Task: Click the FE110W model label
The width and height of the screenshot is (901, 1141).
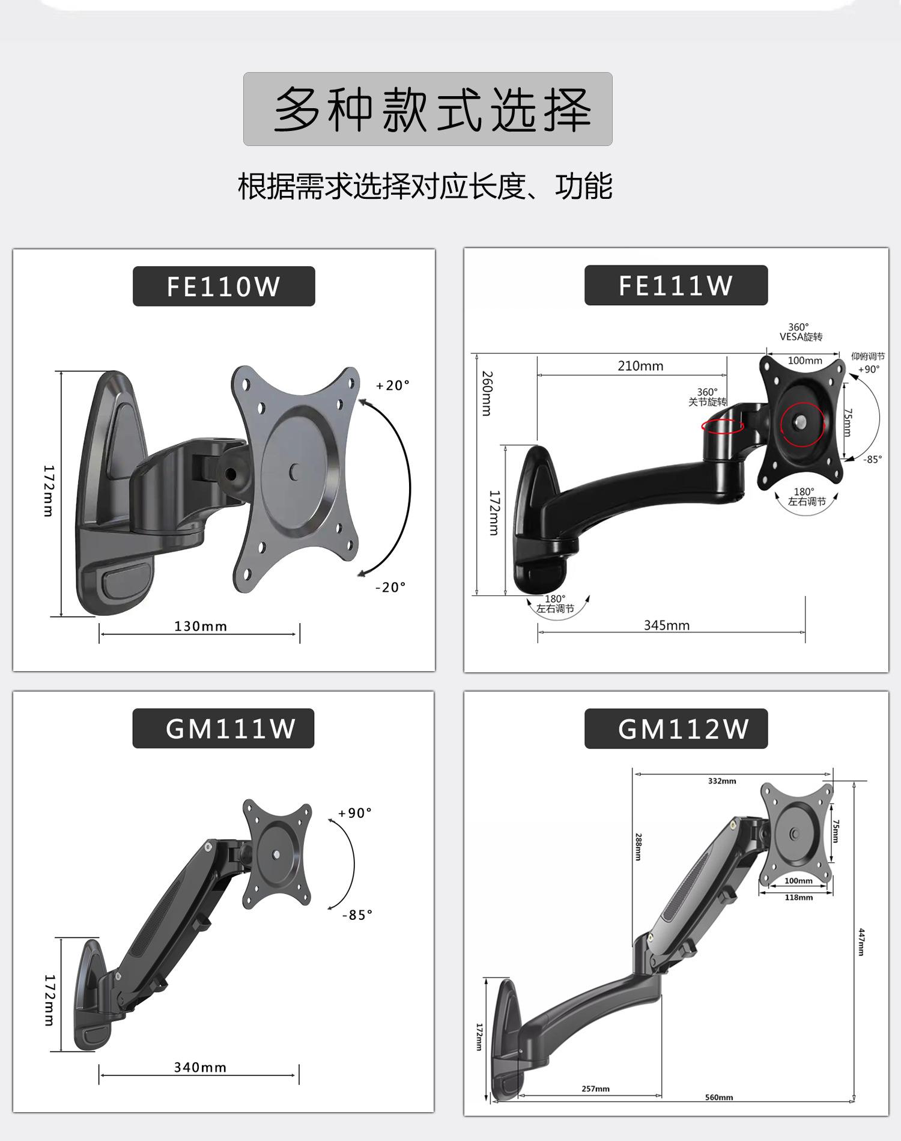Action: pyautogui.click(x=223, y=287)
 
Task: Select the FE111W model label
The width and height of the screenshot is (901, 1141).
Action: pyautogui.click(x=676, y=285)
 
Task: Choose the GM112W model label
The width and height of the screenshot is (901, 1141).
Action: pyautogui.click(x=683, y=729)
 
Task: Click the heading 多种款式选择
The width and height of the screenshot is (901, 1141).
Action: pyautogui.click(x=428, y=109)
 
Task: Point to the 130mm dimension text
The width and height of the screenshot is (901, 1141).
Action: pyautogui.click(x=201, y=626)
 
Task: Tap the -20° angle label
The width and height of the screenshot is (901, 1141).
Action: pyautogui.click(x=390, y=587)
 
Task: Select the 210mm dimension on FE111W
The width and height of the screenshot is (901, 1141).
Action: pyautogui.click(x=640, y=366)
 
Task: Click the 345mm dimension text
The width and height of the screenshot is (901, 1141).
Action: pyautogui.click(x=667, y=625)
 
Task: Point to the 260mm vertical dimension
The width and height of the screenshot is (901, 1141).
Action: pyautogui.click(x=487, y=394)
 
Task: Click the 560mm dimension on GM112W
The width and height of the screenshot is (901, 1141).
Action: pyautogui.click(x=718, y=1097)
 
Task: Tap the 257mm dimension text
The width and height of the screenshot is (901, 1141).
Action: pyautogui.click(x=595, y=1088)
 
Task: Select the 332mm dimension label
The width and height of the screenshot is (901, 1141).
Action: pyautogui.click(x=721, y=781)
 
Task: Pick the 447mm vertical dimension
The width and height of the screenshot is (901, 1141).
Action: pyautogui.click(x=861, y=942)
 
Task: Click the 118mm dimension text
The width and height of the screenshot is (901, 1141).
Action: pyautogui.click(x=798, y=898)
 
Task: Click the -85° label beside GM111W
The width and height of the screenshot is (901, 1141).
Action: pyautogui.click(x=357, y=915)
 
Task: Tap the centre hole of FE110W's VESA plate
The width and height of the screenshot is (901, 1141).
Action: pyautogui.click(x=294, y=472)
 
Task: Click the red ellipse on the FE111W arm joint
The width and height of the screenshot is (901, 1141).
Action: pyautogui.click(x=723, y=426)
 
